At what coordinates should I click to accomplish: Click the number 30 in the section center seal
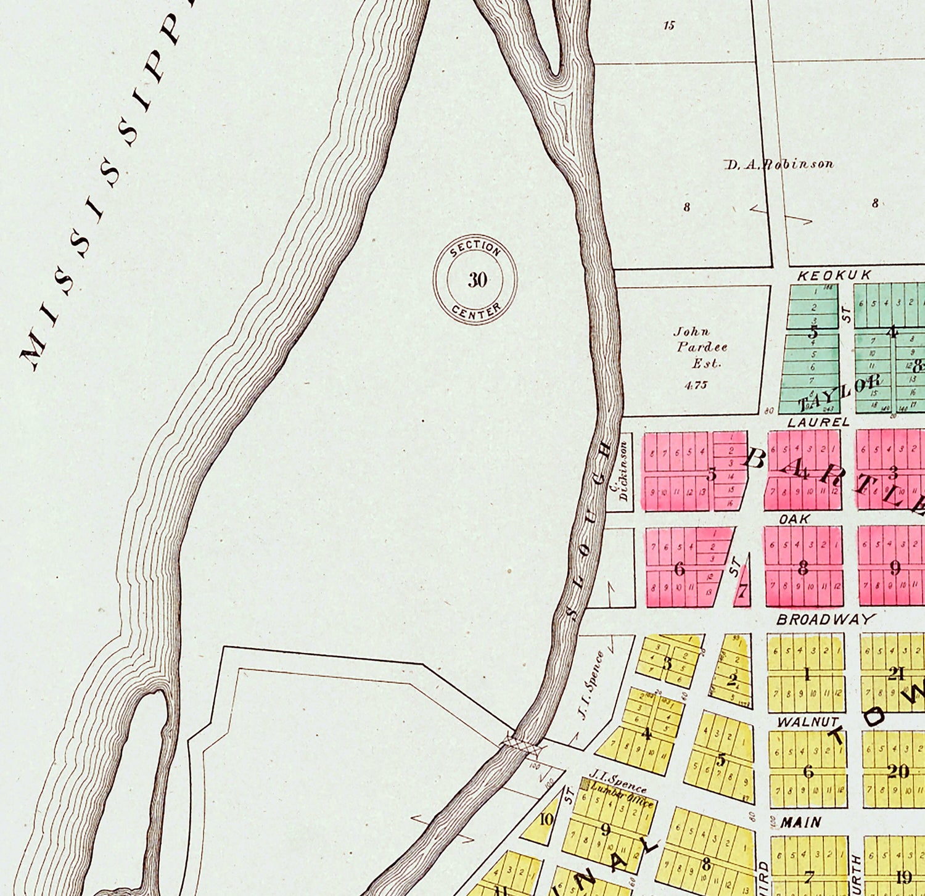(477, 280)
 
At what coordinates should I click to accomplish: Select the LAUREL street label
(818, 422)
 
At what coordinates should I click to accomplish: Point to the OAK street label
(794, 519)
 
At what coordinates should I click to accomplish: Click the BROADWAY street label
(826, 619)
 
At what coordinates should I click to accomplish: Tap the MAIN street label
(800, 822)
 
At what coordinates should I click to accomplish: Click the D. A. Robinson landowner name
(779, 164)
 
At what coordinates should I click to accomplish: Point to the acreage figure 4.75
(696, 385)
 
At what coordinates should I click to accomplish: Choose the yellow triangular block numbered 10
(544, 820)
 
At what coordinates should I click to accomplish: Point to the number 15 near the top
(669, 25)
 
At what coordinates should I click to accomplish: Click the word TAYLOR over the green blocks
(839, 392)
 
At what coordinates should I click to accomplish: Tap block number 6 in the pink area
(680, 568)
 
